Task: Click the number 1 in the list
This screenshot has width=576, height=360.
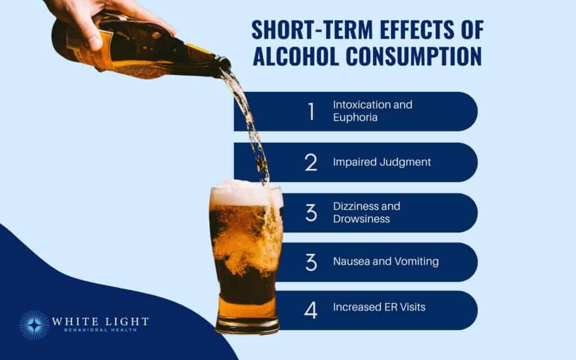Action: pos(311,111)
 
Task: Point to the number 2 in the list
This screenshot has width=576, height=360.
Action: pos(311,162)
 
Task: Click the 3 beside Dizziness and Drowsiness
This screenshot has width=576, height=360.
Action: pos(311,213)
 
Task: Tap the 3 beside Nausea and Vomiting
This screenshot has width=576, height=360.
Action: pos(311,262)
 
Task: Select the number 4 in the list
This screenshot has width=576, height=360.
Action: pos(311,308)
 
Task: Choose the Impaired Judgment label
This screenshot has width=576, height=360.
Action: pos(382,162)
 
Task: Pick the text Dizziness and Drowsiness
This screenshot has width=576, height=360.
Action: pos(366,213)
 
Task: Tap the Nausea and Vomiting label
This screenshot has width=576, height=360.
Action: pos(386,262)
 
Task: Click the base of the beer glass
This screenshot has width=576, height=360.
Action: pos(247,325)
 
